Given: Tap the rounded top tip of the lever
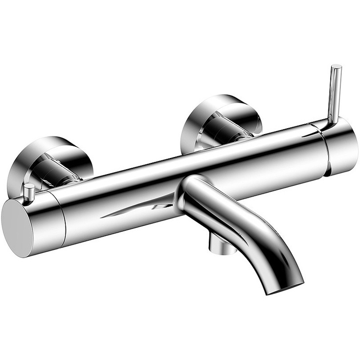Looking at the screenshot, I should coord(336,67).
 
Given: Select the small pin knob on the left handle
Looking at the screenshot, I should coord(29,193).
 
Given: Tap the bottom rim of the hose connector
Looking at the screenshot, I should coord(223,251).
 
